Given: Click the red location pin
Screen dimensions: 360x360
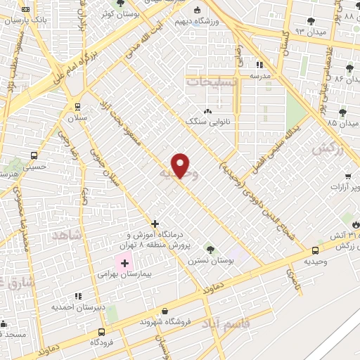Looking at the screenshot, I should pyautogui.click(x=181, y=165).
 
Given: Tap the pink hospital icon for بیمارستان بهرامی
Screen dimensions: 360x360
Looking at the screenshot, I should pyautogui.click(x=125, y=264).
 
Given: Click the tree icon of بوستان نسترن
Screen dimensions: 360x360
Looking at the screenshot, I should pyautogui.click(x=210, y=249).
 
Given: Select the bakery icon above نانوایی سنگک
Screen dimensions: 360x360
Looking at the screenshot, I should pyautogui.click(x=207, y=112).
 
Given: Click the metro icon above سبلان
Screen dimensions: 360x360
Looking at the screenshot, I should pyautogui.click(x=77, y=107).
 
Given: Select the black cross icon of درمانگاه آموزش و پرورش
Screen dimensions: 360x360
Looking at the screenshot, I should pyautogui.click(x=155, y=224).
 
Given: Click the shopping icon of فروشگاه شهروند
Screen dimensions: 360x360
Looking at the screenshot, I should pyautogui.click(x=165, y=311).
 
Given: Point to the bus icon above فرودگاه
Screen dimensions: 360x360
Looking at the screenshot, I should pyautogui.click(x=102, y=331).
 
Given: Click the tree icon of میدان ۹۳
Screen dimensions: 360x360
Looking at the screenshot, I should pyautogui.click(x=310, y=22).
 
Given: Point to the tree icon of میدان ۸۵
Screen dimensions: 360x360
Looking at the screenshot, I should pyautogui.click(x=342, y=112).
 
